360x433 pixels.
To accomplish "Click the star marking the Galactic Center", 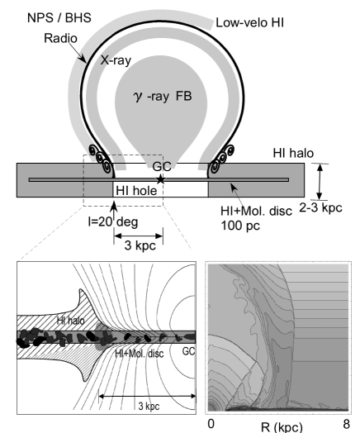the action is [160, 179].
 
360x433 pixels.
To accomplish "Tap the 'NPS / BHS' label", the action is [59, 17].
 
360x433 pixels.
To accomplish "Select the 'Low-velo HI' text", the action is [249, 22].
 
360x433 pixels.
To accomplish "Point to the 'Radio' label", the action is [61, 38].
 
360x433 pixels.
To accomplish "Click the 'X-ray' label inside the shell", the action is [116, 60].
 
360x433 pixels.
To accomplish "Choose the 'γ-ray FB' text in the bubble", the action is [163, 96].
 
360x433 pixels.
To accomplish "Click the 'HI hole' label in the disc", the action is [136, 191].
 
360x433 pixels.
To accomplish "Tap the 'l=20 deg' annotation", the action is [113, 221].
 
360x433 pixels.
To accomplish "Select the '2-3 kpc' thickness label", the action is [321, 207].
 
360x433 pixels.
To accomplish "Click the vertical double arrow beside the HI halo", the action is [320, 182].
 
